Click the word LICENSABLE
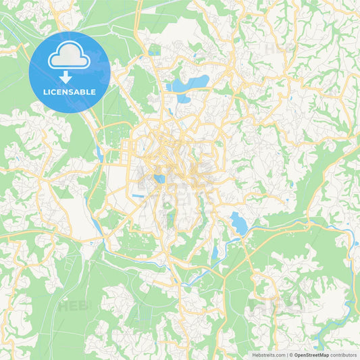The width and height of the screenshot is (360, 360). click(70, 92)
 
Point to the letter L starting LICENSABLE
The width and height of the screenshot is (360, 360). click(45, 92)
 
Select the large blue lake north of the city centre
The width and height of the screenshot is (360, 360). click(190, 84)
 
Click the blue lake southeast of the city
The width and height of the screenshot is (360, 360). click(238, 224)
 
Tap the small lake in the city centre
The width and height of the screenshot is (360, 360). click(159, 179)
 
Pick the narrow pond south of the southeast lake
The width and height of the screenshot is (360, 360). click(215, 253)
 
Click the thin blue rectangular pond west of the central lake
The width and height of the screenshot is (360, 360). click(137, 196)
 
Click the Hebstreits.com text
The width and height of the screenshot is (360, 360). click(268, 355)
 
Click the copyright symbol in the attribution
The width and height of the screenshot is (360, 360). click(291, 355)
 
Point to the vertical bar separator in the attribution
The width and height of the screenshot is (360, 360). click(286, 355)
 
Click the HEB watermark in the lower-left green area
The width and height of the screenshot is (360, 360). click(73, 306)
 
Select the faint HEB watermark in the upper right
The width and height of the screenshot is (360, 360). click(279, 49)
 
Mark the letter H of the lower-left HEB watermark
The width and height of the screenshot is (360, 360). click(63, 306)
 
